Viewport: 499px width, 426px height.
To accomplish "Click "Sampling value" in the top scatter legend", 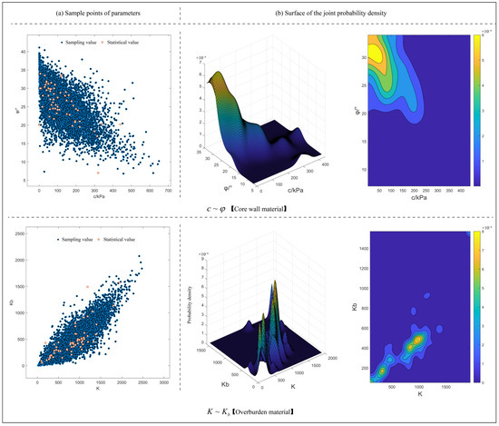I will [79, 43].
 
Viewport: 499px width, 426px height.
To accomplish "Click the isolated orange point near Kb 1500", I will [88, 287].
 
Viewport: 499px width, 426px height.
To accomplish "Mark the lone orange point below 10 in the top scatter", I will [98, 172].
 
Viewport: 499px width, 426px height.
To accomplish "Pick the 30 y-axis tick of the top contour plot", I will [367, 56].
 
